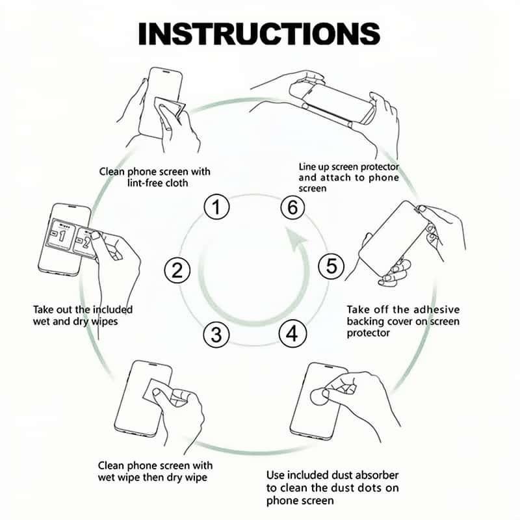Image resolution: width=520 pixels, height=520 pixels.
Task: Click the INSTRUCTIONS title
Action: (259, 34)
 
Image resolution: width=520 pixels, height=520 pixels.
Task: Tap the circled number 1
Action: (216, 207)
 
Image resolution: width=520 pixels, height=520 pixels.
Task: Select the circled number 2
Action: (177, 270)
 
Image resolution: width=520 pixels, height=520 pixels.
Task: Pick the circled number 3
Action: (216, 334)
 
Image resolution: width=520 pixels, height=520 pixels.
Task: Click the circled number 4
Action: (292, 333)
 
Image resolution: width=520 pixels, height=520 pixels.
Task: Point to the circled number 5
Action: (331, 266)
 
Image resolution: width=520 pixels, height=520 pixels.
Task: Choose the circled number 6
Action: (292, 207)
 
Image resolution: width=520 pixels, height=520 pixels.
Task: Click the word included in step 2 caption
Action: (112, 310)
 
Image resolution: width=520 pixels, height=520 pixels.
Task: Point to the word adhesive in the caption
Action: (436, 310)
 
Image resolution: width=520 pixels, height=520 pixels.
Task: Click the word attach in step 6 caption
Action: (334, 177)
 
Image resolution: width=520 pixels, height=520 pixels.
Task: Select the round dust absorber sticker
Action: (319, 396)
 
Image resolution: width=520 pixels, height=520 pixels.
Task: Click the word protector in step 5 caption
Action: (368, 333)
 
